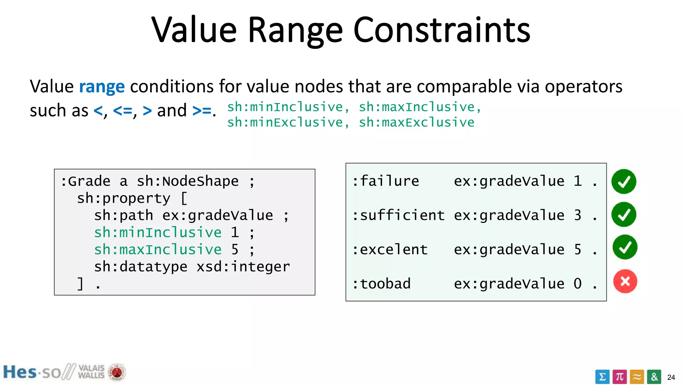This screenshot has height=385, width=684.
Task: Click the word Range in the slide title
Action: coord(295,31)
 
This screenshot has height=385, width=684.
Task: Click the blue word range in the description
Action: coord(102,87)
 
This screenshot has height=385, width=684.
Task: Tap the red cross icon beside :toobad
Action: coord(625,281)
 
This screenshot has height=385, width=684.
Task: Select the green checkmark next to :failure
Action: coord(624,181)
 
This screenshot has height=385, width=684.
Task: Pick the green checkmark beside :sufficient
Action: coord(624,215)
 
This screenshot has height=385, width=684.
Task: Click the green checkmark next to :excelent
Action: coord(625,247)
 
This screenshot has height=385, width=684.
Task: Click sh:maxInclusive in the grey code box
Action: coord(158,250)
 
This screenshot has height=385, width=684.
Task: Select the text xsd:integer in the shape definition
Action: coord(243,267)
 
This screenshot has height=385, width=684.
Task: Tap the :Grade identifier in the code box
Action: coord(85,181)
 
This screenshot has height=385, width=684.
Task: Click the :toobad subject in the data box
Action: coord(381,284)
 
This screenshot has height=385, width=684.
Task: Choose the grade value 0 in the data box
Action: coord(577,284)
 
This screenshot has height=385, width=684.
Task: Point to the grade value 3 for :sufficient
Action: coord(577,215)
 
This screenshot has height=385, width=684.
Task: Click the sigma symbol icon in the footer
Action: coord(602,377)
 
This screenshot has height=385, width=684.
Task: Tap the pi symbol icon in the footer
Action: coord(620,377)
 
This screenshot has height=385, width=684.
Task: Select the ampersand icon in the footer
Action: coord(654,377)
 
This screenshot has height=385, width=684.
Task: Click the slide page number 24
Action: coord(671,377)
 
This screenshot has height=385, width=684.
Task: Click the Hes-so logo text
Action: coord(32,372)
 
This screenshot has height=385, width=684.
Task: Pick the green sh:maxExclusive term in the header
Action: coord(416,123)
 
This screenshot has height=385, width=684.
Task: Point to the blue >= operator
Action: coord(202,111)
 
